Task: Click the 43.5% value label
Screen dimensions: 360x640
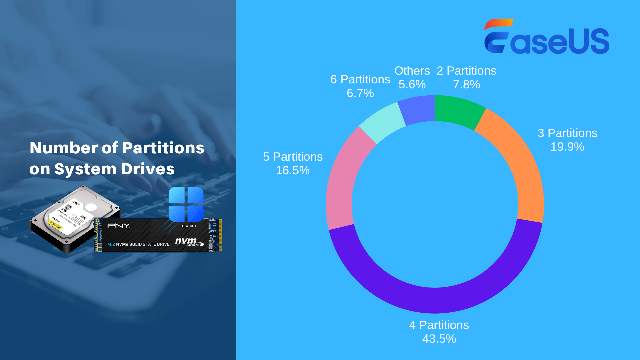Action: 439,339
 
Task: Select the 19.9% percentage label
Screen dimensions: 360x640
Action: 567,147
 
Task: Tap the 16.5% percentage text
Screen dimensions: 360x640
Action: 293,170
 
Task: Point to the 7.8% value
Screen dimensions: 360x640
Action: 466,84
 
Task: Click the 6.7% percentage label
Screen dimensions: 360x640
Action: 360,93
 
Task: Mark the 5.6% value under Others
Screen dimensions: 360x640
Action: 412,84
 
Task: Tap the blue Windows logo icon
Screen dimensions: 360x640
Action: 186,204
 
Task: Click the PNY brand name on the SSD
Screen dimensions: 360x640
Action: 119,226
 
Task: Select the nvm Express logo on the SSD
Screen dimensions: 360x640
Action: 189,242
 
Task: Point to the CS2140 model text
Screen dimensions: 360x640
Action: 189,226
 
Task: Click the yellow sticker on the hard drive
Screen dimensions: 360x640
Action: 55,225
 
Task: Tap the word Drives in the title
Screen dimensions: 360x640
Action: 148,169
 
